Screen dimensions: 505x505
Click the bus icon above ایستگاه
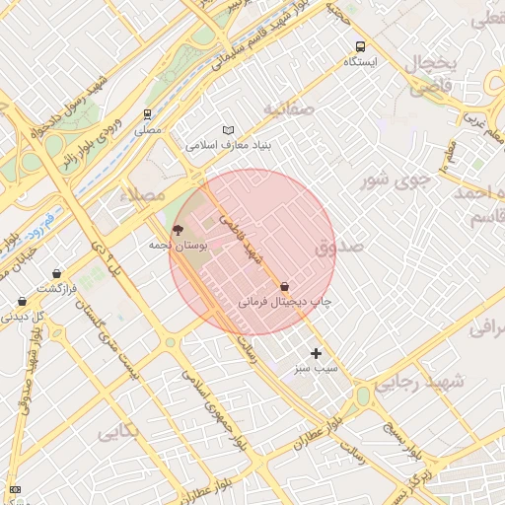pyautogui.click(x=360, y=46)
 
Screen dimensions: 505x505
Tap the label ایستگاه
pyautogui.click(x=360, y=62)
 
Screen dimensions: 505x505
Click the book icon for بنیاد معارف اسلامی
pyautogui.click(x=229, y=130)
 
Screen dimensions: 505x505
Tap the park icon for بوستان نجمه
pyautogui.click(x=178, y=229)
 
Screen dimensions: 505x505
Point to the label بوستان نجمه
pyautogui.click(x=178, y=244)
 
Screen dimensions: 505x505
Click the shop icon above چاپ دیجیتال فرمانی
pyautogui.click(x=285, y=286)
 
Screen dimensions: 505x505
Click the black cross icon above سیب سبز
pyautogui.click(x=316, y=353)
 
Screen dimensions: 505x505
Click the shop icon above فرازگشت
pyautogui.click(x=56, y=273)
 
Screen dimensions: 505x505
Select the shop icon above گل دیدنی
pyautogui.click(x=22, y=302)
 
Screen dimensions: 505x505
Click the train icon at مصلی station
pyautogui.click(x=148, y=114)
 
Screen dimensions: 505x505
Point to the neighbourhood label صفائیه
pyautogui.click(x=287, y=108)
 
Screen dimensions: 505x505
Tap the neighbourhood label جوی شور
pyautogui.click(x=396, y=180)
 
